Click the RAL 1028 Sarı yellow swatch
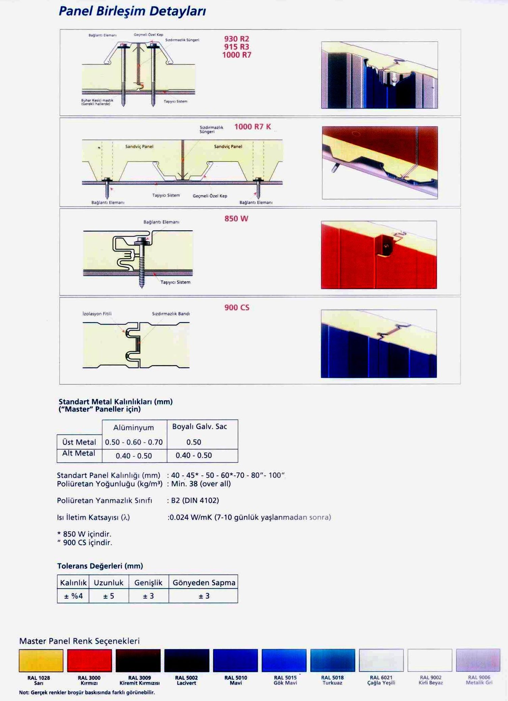pyautogui.click(x=41, y=660)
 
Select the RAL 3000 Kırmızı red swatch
pyautogui.click(x=90, y=660)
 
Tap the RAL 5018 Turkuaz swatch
pyautogui.click(x=333, y=660)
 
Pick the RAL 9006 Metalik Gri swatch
pyautogui.click(x=478, y=660)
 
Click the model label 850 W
pyautogui.click(x=236, y=219)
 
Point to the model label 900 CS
pyautogui.click(x=237, y=307)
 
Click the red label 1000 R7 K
pyautogui.click(x=252, y=127)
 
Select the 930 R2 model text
pyautogui.click(x=237, y=39)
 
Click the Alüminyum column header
pyautogui.click(x=134, y=428)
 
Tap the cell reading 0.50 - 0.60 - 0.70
pyautogui.click(x=134, y=442)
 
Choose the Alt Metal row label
pyautogui.click(x=79, y=453)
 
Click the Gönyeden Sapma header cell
pyautogui.click(x=204, y=583)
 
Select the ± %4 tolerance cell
pyautogui.click(x=73, y=596)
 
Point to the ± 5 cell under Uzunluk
pyautogui.click(x=108, y=596)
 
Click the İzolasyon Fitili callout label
pyautogui.click(x=97, y=314)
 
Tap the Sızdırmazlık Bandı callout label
pyautogui.click(x=171, y=314)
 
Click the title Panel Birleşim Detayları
pyautogui.click(x=132, y=11)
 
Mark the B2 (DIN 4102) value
pyautogui.click(x=195, y=500)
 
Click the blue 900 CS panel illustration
pyautogui.click(x=379, y=344)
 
